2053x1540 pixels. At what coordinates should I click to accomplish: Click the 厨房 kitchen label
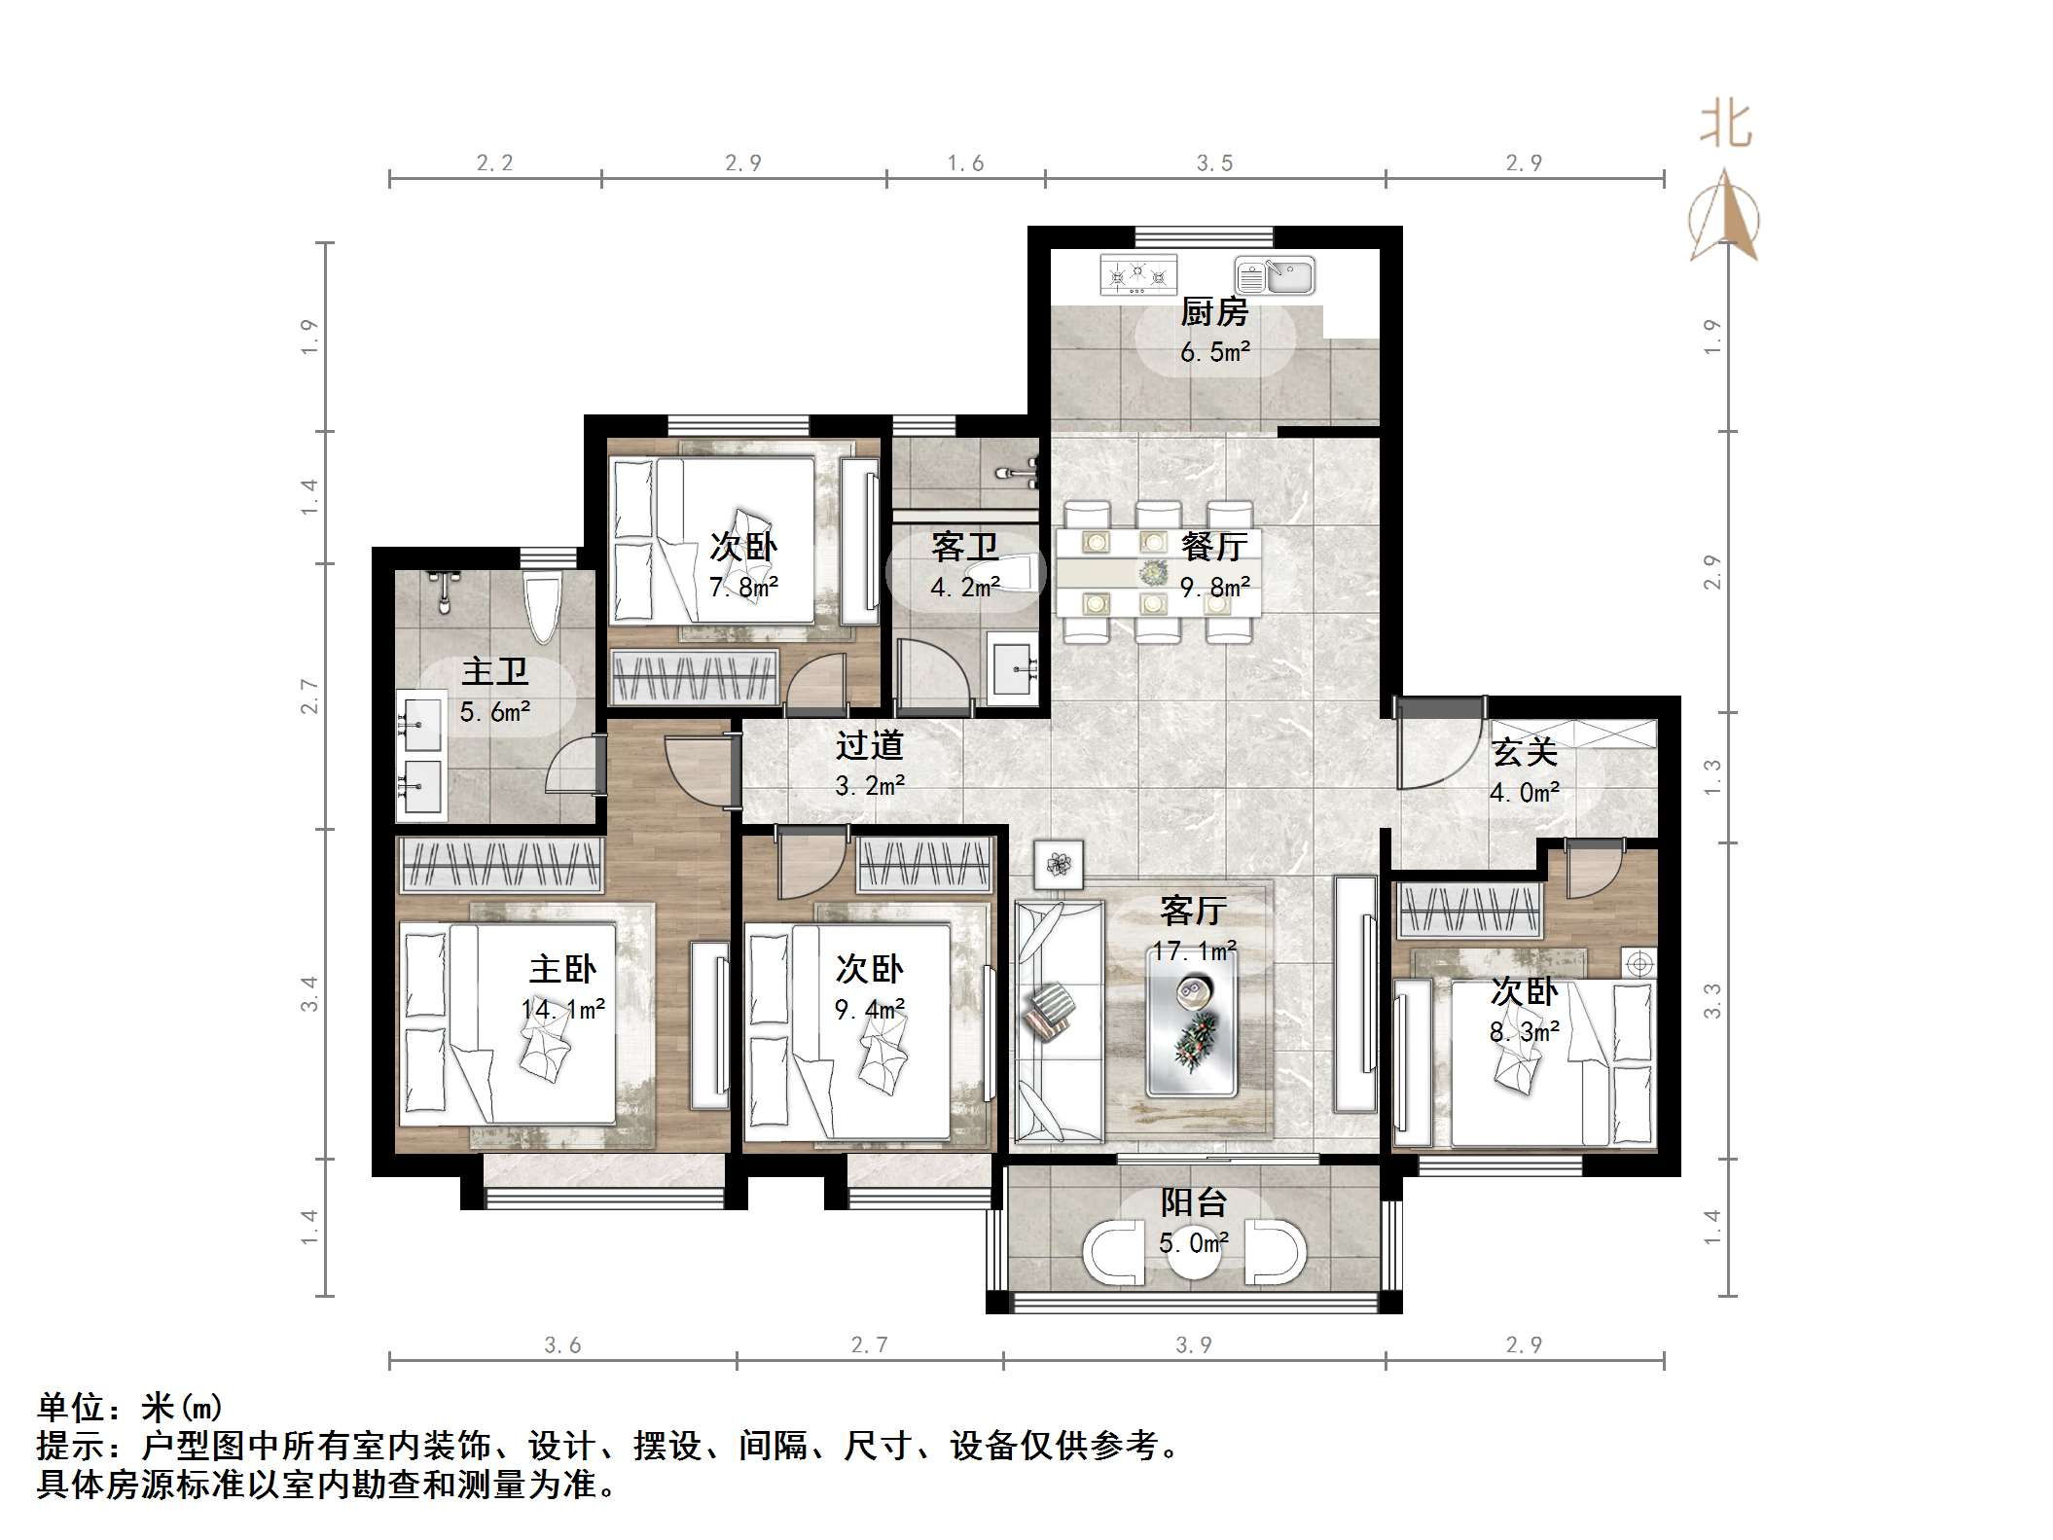pos(1213,312)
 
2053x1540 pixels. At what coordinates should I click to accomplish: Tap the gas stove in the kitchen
pos(1137,275)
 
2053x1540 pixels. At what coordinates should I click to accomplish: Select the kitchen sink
pos(1275,275)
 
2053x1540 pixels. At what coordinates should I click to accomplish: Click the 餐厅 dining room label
pos(1213,547)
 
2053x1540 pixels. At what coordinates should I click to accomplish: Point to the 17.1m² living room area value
pos(1194,950)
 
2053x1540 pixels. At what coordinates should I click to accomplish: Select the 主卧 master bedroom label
pos(562,969)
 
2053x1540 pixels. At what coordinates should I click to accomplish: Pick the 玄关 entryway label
pos(1524,752)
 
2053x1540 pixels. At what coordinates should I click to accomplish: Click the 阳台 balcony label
pos(1193,1203)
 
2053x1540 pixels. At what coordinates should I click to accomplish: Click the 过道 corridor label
pos(869,745)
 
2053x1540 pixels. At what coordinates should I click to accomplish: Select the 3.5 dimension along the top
pos(1214,163)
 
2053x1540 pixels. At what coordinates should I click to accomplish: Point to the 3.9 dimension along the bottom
pos(1194,1344)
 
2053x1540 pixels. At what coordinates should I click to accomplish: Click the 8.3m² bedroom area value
pos(1524,1031)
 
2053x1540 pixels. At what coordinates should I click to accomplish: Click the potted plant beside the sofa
pos(1058,863)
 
